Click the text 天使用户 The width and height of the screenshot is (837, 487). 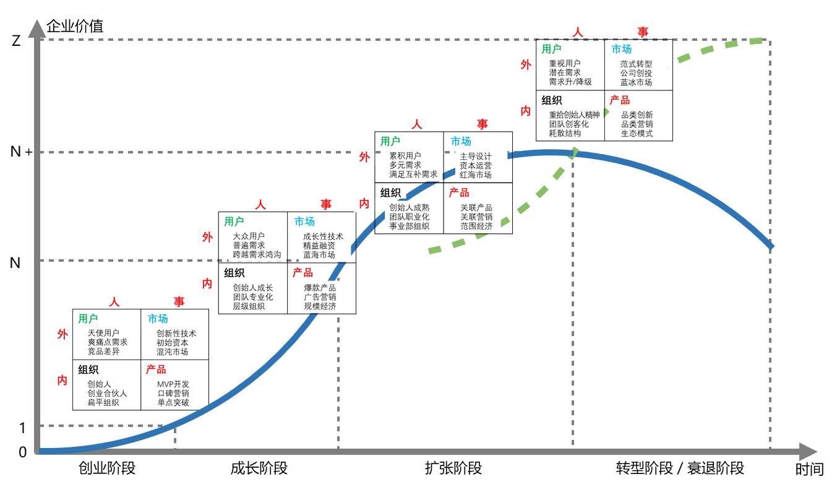[x=103, y=333]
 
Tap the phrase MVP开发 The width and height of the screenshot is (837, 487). [x=173, y=384]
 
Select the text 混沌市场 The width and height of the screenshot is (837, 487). [x=172, y=351]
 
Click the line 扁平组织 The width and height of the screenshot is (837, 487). [x=103, y=402]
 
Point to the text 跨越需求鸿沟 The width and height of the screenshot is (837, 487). [x=257, y=254]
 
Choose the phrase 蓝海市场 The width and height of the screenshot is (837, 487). [x=319, y=254]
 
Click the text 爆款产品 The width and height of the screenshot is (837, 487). [x=320, y=288]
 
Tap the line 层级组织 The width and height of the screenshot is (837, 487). [x=249, y=306]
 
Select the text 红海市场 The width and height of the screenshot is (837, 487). [x=476, y=175]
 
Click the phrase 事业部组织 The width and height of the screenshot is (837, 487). [x=409, y=226]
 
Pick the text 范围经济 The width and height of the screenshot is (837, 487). [x=476, y=226]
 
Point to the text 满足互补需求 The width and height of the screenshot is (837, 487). [x=413, y=175]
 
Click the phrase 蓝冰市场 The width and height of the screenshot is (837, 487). [x=636, y=82]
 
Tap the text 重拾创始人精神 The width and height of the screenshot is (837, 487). [x=574, y=114]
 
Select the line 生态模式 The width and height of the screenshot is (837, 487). [x=637, y=133]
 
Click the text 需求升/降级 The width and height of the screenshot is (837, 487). [x=570, y=82]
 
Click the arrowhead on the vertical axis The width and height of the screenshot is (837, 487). [x=37, y=28]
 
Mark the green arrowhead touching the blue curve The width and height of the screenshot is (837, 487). [x=574, y=152]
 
